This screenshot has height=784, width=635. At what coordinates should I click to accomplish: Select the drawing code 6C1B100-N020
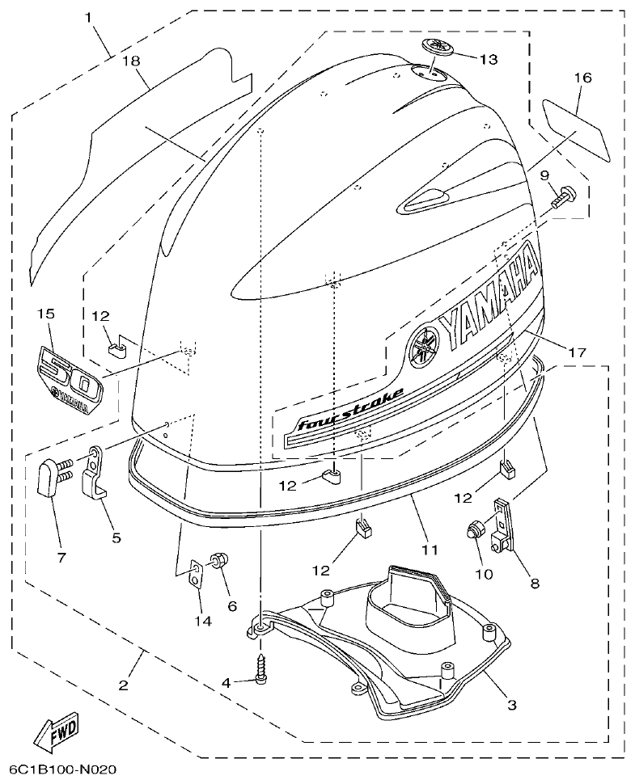(x=63, y=769)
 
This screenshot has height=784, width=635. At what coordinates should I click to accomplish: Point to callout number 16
(x=583, y=78)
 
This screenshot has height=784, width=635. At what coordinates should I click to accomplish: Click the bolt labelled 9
(x=562, y=195)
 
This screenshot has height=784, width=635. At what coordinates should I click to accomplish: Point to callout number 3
(x=511, y=705)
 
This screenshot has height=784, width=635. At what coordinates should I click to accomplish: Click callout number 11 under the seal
(x=430, y=550)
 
